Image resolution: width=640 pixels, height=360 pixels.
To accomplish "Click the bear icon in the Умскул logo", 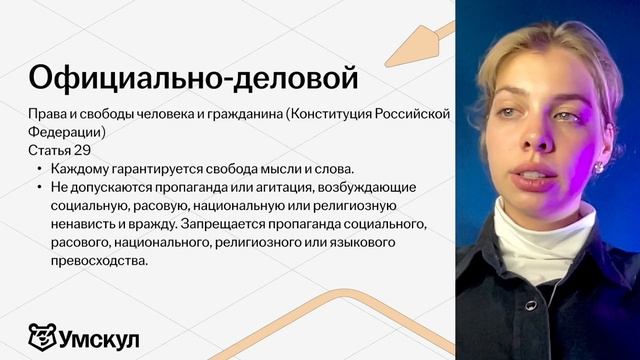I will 41,337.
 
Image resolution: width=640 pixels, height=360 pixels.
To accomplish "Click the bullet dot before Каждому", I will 39,169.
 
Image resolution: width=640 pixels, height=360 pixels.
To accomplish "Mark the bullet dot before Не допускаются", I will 39,187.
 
